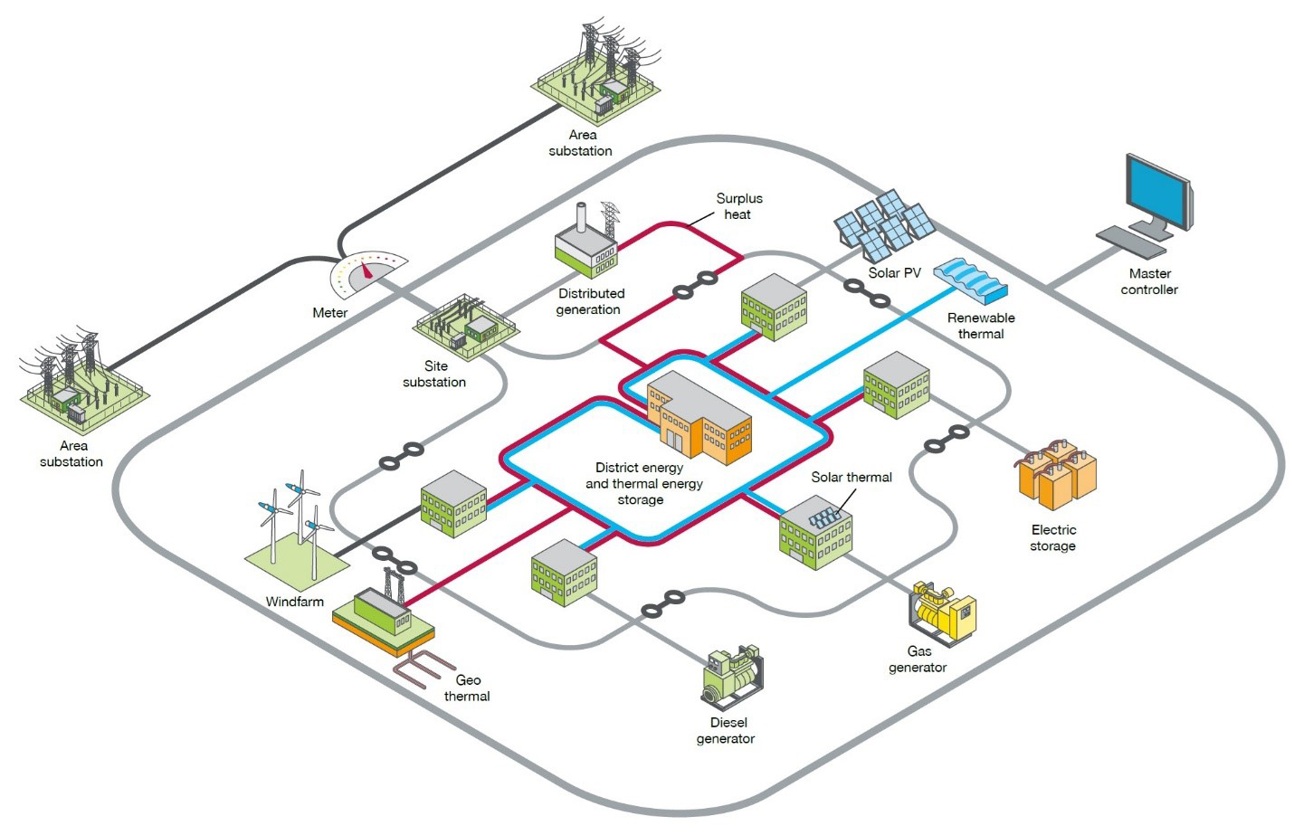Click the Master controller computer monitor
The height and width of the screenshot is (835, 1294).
tap(1157, 193)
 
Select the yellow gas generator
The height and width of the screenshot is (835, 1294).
tap(943, 613)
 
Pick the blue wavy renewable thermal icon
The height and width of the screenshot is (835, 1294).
tap(970, 280)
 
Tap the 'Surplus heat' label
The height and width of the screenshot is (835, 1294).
tap(738, 206)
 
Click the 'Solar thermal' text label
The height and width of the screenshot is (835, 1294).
tap(851, 477)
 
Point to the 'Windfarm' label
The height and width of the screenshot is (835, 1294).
tap(294, 602)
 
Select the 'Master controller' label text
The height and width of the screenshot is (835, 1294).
tap(1149, 281)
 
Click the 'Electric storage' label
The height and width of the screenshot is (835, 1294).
tap(1053, 537)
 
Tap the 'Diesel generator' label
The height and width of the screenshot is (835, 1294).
tap(725, 730)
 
